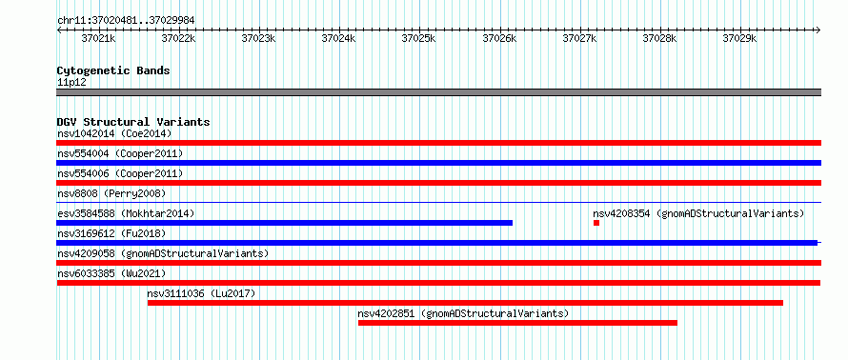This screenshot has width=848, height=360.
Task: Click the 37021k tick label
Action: (x=98, y=39)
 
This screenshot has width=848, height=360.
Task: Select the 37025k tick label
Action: (x=418, y=39)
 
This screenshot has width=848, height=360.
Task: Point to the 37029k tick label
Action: (x=739, y=39)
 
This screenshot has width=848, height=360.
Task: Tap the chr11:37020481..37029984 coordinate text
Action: (x=126, y=21)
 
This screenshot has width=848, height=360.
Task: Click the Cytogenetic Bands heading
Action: (x=113, y=70)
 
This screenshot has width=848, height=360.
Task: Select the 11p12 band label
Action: (x=71, y=83)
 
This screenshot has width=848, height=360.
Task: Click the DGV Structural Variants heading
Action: (x=133, y=122)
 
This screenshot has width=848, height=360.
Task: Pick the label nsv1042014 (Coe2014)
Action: (x=114, y=133)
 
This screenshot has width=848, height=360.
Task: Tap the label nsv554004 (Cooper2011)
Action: (x=120, y=154)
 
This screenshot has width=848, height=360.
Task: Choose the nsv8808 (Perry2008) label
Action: (x=111, y=193)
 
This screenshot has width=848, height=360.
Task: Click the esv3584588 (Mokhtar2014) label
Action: (x=126, y=213)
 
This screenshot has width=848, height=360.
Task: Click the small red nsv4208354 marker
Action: (x=596, y=223)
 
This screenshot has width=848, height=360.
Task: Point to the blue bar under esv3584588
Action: (x=285, y=223)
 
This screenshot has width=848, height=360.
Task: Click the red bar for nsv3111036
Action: (x=465, y=303)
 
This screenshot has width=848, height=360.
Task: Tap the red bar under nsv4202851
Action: (x=517, y=323)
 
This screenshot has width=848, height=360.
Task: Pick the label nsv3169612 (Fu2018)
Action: (x=111, y=233)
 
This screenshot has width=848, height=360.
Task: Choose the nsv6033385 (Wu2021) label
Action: (x=111, y=273)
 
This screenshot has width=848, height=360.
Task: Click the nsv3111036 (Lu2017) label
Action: (x=201, y=293)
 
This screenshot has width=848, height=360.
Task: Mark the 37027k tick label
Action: (x=579, y=39)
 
